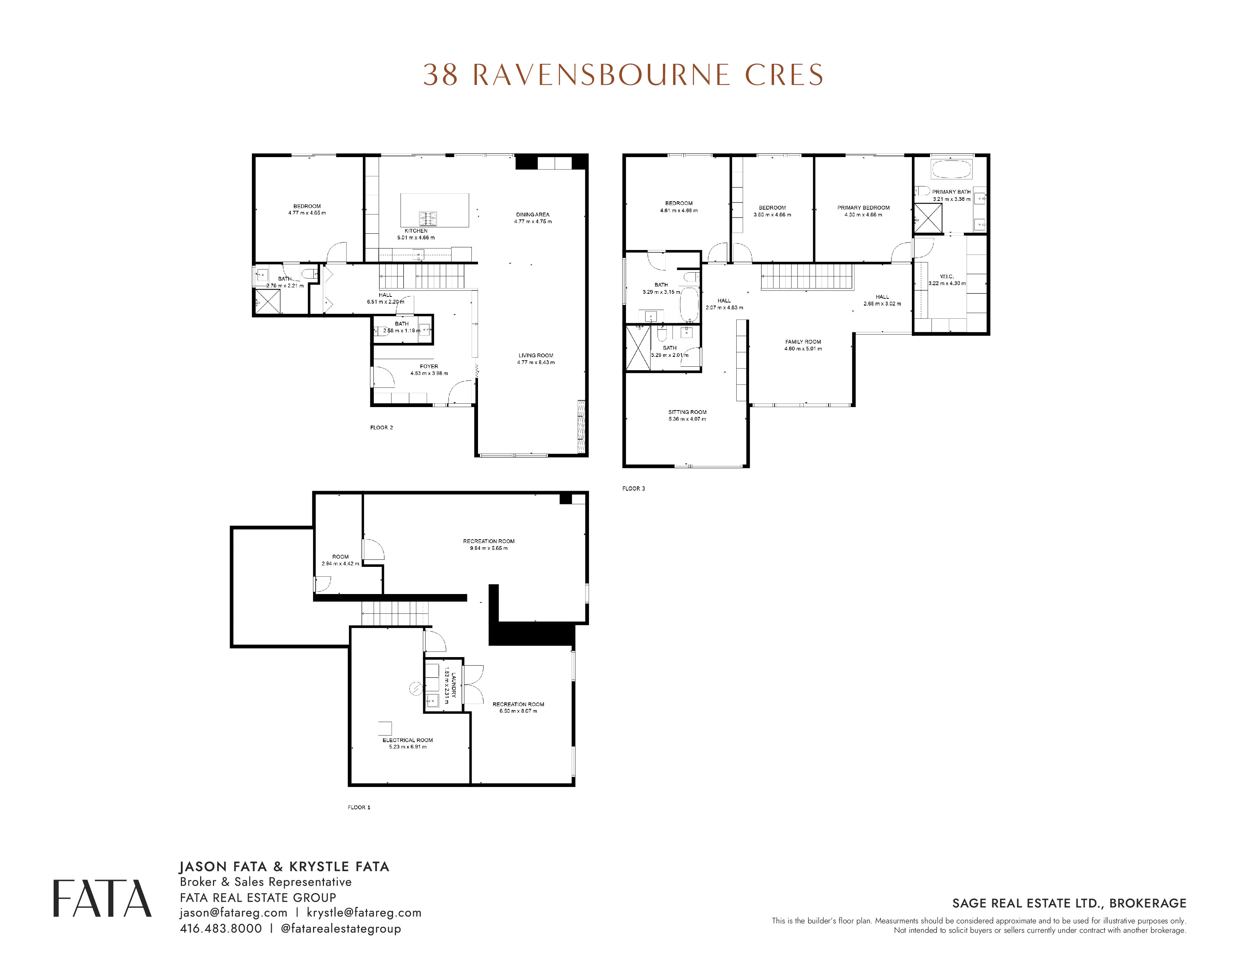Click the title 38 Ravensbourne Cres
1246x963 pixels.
click(623, 75)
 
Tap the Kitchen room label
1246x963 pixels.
click(416, 230)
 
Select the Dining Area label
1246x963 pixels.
click(533, 215)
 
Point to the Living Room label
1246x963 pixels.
click(536, 355)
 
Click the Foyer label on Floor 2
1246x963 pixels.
click(429, 366)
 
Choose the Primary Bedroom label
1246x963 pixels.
click(863, 208)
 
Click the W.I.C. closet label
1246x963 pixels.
click(947, 276)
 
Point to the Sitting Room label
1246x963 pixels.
click(688, 412)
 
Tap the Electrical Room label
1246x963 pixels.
click(408, 740)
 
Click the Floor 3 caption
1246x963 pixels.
click(634, 488)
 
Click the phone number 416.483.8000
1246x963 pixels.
click(221, 928)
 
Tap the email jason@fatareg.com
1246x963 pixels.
click(233, 913)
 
